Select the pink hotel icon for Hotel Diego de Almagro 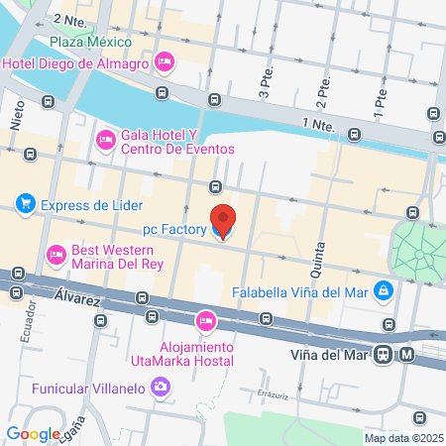pyautogui.click(x=166, y=63)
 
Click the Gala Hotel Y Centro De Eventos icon pyautogui.click(x=105, y=141)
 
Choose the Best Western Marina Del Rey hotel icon pyautogui.click(x=56, y=255)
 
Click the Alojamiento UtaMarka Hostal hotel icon pyautogui.click(x=206, y=320)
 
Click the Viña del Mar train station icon pyautogui.click(x=382, y=354)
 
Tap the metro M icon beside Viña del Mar pyautogui.click(x=407, y=354)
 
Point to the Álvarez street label pyautogui.click(x=79, y=295)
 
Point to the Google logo pyautogui.click(x=33, y=433)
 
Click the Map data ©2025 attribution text pyautogui.click(x=402, y=437)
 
